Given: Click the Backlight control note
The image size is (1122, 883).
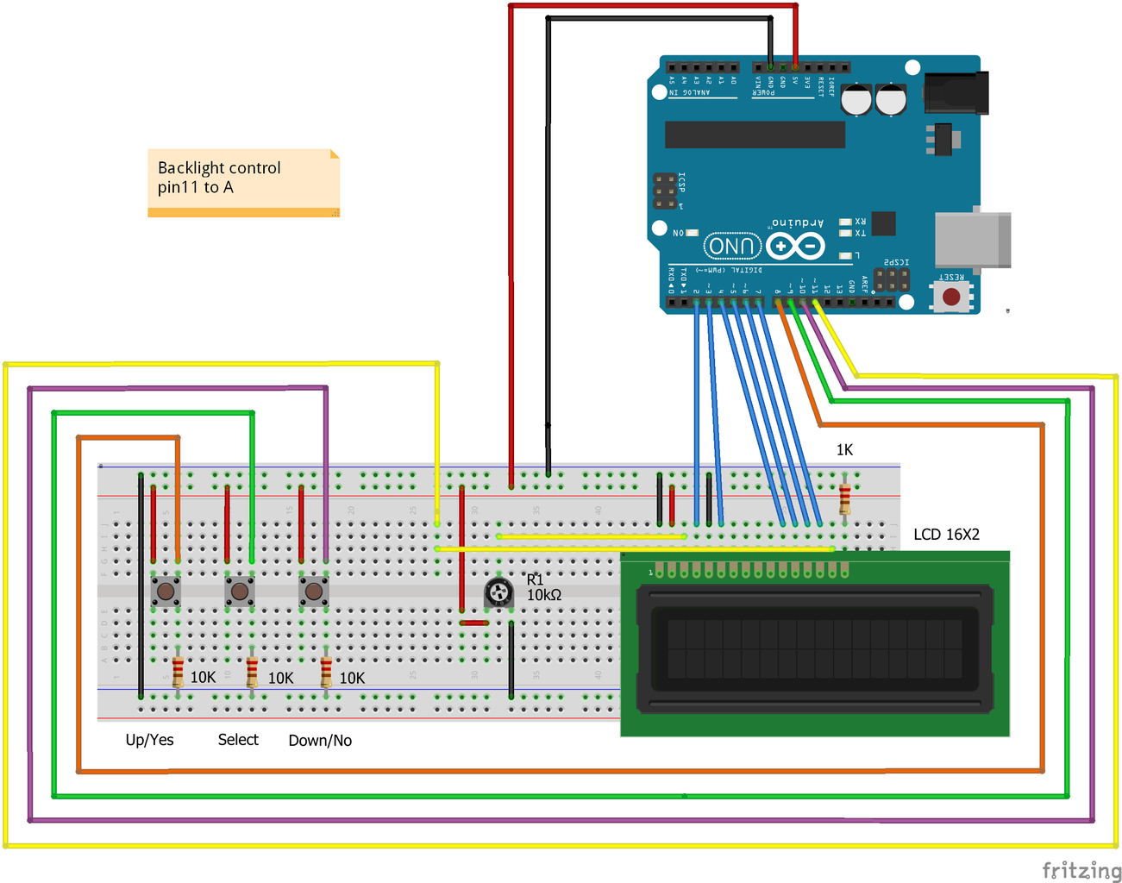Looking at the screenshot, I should [x=243, y=182].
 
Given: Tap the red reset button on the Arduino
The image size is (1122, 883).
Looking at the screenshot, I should [x=951, y=297].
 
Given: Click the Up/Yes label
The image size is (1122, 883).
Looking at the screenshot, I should [x=149, y=740].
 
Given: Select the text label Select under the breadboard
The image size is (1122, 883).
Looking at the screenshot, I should [x=238, y=740].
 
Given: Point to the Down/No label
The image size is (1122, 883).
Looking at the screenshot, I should [x=320, y=741].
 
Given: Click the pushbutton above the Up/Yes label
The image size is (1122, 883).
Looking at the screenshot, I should [x=166, y=592].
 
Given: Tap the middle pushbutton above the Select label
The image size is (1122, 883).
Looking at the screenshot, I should [x=240, y=592].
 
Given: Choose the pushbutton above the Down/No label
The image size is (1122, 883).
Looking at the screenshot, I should [x=314, y=592].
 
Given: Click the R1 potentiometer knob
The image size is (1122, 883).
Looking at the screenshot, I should [x=498, y=592].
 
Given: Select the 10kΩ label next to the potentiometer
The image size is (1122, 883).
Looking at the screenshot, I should [x=544, y=595].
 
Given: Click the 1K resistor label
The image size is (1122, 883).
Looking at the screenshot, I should [x=844, y=450].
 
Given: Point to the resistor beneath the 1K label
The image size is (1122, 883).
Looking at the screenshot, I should [x=844, y=498].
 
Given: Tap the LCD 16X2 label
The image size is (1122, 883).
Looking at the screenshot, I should [x=946, y=535].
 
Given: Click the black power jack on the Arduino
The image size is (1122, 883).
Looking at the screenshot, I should [x=956, y=92].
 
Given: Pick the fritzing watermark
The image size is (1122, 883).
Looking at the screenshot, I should [x=1081, y=870].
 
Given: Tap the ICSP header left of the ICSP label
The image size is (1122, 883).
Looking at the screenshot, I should [x=665, y=191].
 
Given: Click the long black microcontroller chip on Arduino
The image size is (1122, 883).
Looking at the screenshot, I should [x=755, y=135].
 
